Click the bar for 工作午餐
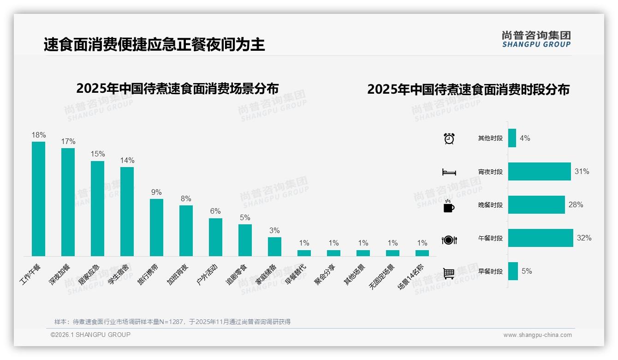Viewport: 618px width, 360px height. [38, 198]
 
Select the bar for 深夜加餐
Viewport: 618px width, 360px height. [68, 202]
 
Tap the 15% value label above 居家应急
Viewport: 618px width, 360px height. [97, 154]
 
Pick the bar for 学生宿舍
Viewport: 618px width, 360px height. [127, 211]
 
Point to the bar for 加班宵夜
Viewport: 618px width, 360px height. [186, 230]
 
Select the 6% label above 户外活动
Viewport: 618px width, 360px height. [215, 211]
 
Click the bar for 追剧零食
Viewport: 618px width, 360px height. [245, 240]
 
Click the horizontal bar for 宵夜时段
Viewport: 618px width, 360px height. [539, 171]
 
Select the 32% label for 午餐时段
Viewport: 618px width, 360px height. [584, 238]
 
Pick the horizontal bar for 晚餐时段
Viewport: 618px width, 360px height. [536, 204]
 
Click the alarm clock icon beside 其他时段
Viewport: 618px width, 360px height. [449, 138]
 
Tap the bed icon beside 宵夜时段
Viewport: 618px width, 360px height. [449, 172]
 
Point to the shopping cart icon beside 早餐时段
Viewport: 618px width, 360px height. [449, 273]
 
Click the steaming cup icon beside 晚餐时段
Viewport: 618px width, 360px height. [449, 205]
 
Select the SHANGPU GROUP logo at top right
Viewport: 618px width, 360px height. [536, 39]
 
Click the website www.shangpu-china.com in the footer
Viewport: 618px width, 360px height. [537, 335]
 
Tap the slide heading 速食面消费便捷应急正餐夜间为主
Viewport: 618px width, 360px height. [154, 45]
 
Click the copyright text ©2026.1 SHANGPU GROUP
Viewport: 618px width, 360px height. [90, 335]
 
